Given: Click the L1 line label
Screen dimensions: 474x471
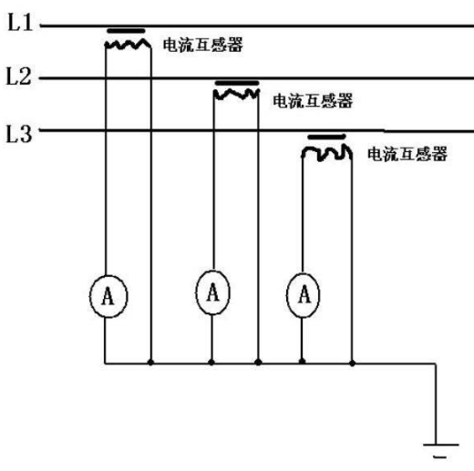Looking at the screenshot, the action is [20, 22].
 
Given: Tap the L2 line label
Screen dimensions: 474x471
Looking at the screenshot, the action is [19, 76].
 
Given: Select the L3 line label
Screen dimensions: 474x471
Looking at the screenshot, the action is [19, 134].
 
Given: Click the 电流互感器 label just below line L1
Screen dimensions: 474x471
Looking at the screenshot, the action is [203, 45].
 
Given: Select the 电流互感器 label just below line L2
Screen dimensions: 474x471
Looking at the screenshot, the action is [313, 100].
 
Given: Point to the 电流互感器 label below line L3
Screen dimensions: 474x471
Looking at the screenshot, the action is [407, 154].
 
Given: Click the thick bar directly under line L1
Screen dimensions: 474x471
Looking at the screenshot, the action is [126, 31].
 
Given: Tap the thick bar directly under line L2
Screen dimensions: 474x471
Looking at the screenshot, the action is [237, 83].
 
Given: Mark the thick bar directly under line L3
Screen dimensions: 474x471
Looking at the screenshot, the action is [326, 137].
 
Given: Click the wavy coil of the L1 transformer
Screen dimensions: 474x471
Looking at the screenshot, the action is [128, 45].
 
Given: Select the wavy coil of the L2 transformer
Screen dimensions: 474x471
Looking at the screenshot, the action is [236, 94].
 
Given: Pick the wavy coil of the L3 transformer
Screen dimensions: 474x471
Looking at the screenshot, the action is [327, 153].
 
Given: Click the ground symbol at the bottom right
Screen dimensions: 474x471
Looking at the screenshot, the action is [440, 450].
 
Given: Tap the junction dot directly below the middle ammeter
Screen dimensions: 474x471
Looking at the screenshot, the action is [211, 362].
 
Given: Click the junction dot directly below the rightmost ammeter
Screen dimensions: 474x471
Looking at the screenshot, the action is [302, 362].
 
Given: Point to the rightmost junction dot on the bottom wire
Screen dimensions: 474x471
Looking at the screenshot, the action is [352, 363].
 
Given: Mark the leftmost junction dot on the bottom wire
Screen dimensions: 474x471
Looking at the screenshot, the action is [150, 363].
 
